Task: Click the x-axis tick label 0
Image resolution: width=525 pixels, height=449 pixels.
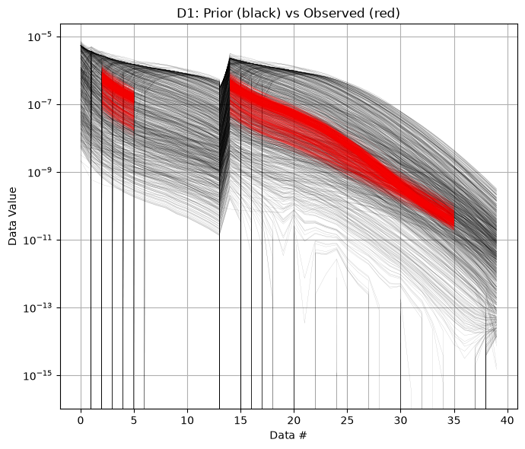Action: click(x=81, y=420)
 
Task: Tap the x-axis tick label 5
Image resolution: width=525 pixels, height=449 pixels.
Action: click(x=134, y=420)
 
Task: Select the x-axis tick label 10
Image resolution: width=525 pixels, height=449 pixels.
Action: click(x=187, y=420)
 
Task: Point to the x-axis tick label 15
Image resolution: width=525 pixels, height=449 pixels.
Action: click(x=240, y=420)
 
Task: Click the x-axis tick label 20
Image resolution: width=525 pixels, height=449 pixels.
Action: click(x=294, y=420)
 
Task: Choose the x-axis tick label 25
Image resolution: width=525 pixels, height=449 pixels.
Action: click(x=347, y=420)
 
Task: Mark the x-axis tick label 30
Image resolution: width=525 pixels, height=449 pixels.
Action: click(x=401, y=420)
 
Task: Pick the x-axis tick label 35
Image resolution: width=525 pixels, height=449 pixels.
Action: click(x=454, y=420)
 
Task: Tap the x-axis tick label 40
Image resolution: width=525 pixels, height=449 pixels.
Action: click(x=508, y=420)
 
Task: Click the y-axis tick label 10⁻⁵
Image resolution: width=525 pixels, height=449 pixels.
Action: click(x=40, y=37)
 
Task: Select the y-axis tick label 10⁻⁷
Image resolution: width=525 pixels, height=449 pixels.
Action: click(x=40, y=104)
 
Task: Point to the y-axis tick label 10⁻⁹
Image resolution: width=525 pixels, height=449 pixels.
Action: click(x=40, y=172)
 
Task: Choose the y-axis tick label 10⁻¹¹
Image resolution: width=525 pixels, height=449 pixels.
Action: click(x=37, y=240)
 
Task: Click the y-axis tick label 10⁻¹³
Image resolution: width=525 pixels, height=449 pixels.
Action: click(x=37, y=307)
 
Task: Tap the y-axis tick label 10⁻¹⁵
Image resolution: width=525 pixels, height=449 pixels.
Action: click(x=37, y=375)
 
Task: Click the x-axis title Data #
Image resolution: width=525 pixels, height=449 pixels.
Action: click(x=288, y=435)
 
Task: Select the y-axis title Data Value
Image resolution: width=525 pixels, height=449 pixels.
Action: click(x=12, y=216)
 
